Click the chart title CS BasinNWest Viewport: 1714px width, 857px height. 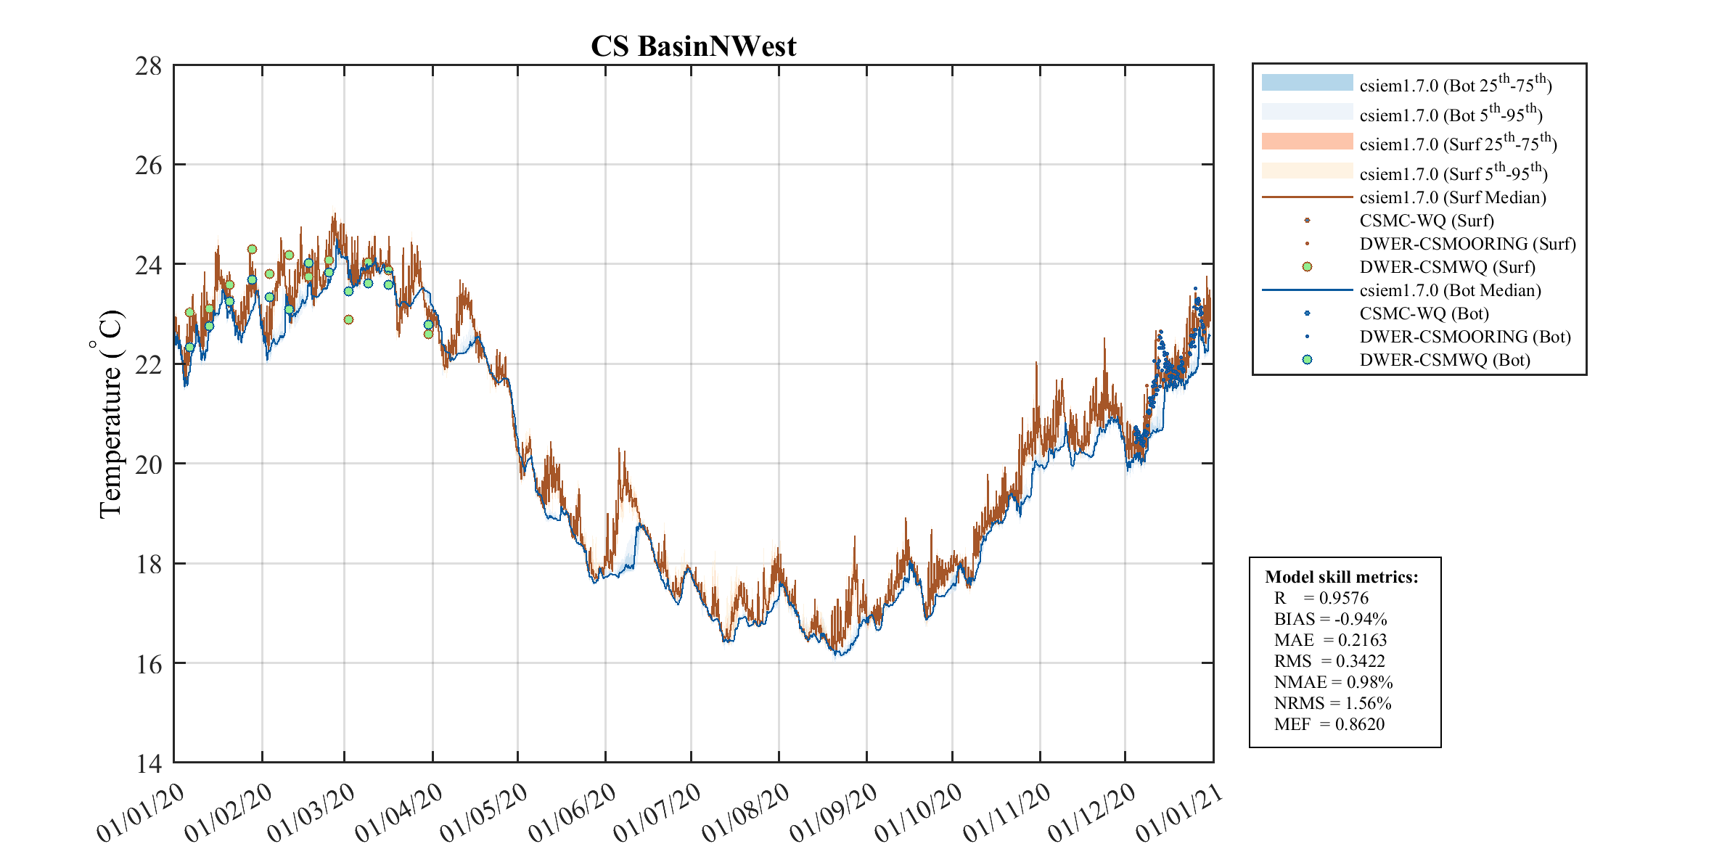pos(693,46)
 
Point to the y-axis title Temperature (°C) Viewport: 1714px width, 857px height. pos(110,414)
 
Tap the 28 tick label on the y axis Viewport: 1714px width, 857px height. pos(149,66)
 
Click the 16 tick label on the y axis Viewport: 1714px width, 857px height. pos(149,664)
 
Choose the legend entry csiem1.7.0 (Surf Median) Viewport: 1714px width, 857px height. pos(1452,197)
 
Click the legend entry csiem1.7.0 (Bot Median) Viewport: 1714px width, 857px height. pos(1450,290)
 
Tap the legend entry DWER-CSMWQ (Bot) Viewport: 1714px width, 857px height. pos(1444,360)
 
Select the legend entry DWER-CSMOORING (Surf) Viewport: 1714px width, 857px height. pos(1467,244)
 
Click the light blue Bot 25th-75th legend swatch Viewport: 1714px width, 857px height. pos(1307,83)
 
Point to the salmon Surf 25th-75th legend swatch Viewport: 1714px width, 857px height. pos(1307,142)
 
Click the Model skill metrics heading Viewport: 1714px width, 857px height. pos(1341,577)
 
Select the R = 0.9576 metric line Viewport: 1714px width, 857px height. pos(1321,598)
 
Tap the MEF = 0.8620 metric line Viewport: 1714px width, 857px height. pos(1329,724)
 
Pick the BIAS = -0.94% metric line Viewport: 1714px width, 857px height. pos(1330,619)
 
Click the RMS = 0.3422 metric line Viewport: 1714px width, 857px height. pos(1329,661)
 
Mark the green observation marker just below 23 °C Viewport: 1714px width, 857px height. pos(348,319)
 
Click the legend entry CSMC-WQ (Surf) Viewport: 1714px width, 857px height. pos(1426,221)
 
